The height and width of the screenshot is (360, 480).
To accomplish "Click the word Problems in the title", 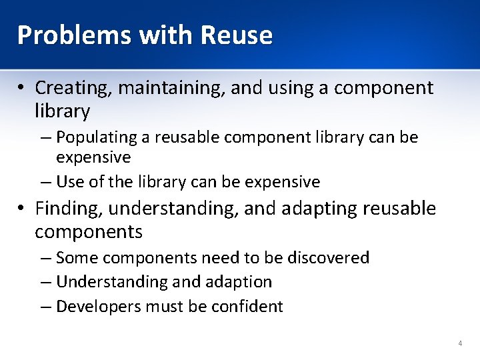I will tap(63, 35).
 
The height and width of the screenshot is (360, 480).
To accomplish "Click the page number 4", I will tap(460, 343).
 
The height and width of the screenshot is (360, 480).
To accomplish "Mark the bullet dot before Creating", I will tap(22, 88).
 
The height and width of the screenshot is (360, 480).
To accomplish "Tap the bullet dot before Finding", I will tap(22, 209).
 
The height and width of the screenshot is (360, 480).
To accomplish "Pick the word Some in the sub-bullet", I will tap(76, 257).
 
